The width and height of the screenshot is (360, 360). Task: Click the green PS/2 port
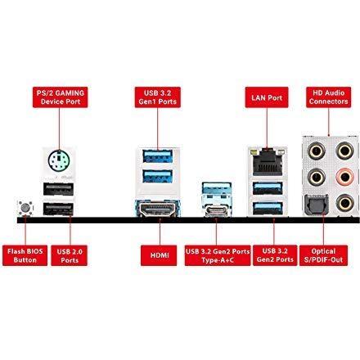pos(59,161)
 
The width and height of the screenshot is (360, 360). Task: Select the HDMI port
pos(157,209)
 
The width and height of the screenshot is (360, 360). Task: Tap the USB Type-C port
pos(217,210)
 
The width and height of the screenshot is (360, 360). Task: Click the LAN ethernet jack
pos(268,162)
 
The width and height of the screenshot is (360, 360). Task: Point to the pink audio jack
pos(345,177)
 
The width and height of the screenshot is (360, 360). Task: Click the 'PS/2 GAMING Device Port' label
pos(61,97)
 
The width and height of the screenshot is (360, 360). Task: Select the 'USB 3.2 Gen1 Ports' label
pos(158,97)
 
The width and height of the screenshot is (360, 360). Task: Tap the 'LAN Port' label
pos(267,97)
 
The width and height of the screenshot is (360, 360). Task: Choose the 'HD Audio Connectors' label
pos(328,97)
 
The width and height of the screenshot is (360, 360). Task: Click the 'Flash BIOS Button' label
pos(25,255)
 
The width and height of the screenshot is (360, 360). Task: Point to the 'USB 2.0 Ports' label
pos(70,255)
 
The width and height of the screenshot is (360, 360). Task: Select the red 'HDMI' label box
pos(159,255)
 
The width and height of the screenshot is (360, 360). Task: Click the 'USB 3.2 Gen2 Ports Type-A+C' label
pos(218,255)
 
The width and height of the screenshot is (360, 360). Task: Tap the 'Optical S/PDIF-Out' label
pos(323,255)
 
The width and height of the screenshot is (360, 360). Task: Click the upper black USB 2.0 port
pos(58,189)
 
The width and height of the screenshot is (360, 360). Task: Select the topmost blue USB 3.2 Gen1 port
pos(158,156)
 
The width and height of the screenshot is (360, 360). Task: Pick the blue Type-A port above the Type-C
pos(217,189)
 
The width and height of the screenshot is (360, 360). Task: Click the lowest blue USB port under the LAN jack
pos(268,209)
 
